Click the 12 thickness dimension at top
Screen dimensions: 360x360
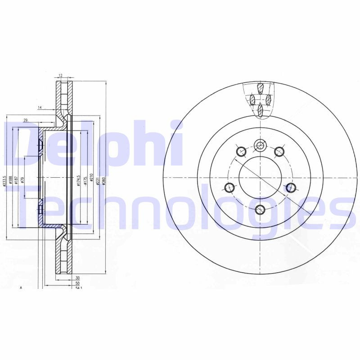tap(59, 76)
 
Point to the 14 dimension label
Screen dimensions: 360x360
tap(40, 108)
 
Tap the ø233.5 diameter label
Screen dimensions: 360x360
tap(4, 180)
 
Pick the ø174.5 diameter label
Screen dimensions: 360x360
tap(78, 180)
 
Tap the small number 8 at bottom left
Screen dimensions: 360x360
tap(21, 287)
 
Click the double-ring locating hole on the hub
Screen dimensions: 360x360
tap(260, 145)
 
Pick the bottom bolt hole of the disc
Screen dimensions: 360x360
tap(260, 209)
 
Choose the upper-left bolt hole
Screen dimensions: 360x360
tap(240, 152)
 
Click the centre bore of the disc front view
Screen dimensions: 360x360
tap(260, 177)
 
